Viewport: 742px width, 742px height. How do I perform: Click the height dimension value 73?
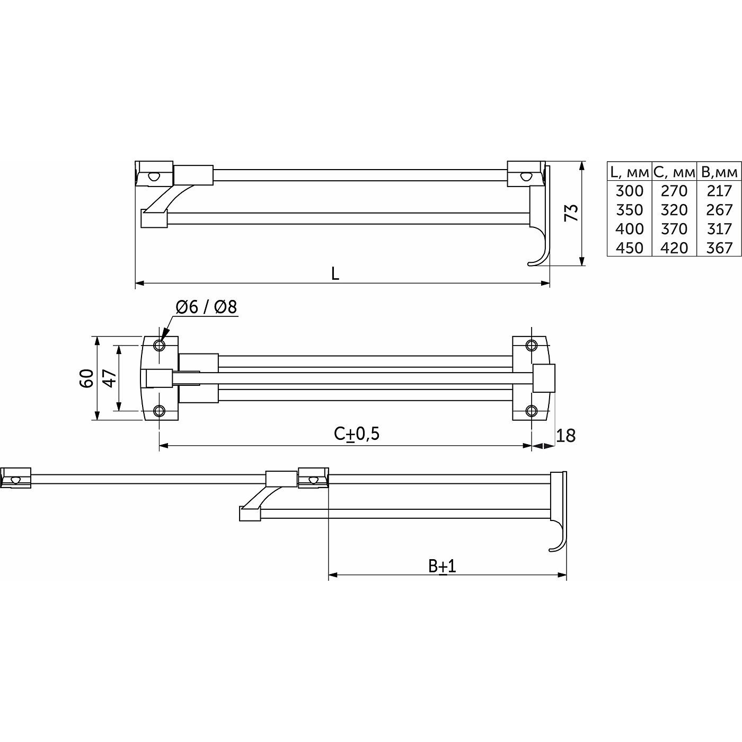pyautogui.click(x=571, y=213)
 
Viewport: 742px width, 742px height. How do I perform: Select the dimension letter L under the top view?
pyautogui.click(x=335, y=274)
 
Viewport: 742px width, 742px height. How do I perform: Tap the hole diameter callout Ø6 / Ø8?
pyautogui.click(x=206, y=307)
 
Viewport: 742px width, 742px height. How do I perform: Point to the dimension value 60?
pyautogui.click(x=87, y=378)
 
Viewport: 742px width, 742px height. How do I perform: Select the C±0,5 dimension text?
pyautogui.click(x=357, y=434)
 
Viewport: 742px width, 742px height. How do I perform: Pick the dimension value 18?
pyautogui.click(x=566, y=436)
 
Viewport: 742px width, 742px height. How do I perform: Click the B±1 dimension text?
pyautogui.click(x=443, y=566)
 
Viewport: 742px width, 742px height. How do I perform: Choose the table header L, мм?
pyautogui.click(x=629, y=172)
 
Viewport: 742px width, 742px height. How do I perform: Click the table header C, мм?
pyautogui.click(x=674, y=172)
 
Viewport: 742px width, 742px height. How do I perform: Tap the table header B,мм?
pyautogui.click(x=719, y=172)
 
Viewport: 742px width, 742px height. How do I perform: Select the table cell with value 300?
pyautogui.click(x=629, y=191)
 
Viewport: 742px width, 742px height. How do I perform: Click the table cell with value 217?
pyautogui.click(x=719, y=191)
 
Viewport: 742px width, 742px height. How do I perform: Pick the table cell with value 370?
pyautogui.click(x=674, y=229)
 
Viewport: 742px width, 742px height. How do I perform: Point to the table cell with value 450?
pyautogui.click(x=629, y=248)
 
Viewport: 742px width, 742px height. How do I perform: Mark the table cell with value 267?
pyautogui.click(x=719, y=210)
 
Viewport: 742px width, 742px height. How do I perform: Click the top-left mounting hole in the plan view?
pyautogui.click(x=160, y=346)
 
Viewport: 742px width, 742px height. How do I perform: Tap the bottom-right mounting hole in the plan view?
pyautogui.click(x=531, y=411)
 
